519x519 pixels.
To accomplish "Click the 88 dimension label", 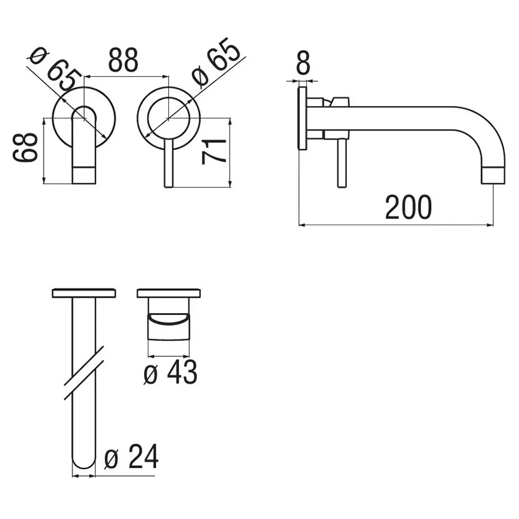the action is click(x=123, y=60).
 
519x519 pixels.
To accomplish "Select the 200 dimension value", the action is click(x=409, y=207).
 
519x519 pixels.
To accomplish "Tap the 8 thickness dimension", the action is click(x=303, y=62).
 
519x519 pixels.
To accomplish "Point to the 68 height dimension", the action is click(x=25, y=147).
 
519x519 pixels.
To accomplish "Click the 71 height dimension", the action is click(x=214, y=152).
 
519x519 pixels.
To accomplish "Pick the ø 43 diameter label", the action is click(x=170, y=372).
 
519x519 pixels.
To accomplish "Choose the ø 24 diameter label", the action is click(x=131, y=457).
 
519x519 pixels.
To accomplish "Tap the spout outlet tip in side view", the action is click(x=493, y=175).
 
